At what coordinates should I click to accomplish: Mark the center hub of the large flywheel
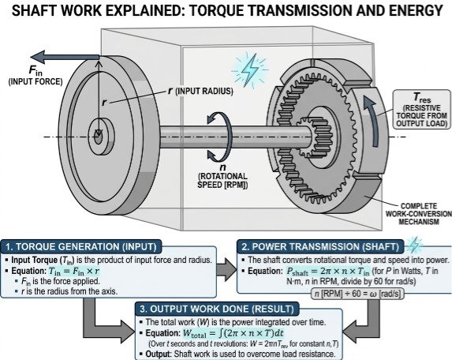tap(98, 133)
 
